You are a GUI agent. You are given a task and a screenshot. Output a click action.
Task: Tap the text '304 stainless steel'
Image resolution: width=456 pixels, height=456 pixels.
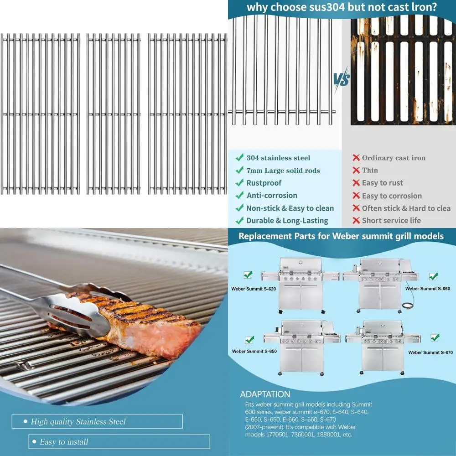pos(278,158)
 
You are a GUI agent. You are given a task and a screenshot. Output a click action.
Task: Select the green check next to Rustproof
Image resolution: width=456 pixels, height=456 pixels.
pos(239,183)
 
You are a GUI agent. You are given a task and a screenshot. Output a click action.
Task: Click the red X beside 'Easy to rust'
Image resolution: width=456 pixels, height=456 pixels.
pos(356,183)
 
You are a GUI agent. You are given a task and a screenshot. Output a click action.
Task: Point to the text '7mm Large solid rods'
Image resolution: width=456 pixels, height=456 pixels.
pos(283,171)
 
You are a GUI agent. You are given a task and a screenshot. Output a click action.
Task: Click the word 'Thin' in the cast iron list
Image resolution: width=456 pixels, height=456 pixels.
pos(370,170)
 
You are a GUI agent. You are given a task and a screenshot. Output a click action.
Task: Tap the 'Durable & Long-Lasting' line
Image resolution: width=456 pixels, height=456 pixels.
pos(287,221)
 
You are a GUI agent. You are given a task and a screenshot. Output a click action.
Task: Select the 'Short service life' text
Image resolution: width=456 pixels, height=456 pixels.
pos(391,221)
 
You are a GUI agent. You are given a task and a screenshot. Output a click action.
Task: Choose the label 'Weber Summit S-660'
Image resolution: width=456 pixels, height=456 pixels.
pos(428,289)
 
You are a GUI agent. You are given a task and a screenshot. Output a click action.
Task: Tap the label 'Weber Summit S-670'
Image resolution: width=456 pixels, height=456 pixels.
pos(430,352)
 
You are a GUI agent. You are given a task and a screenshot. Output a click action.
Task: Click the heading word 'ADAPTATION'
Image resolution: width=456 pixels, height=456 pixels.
pos(265,394)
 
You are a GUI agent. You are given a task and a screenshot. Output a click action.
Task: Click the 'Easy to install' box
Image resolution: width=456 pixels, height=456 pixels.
pos(119,441)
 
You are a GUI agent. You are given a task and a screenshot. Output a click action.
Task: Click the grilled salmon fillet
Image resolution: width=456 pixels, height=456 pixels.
pos(150,326)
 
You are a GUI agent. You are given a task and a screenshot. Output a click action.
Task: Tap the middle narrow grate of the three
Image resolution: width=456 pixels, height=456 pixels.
pos(114,114)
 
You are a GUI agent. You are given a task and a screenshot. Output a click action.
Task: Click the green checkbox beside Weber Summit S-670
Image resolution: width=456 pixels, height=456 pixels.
pos(435,337)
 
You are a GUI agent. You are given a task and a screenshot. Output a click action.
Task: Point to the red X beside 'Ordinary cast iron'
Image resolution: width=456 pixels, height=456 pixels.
pos(356,158)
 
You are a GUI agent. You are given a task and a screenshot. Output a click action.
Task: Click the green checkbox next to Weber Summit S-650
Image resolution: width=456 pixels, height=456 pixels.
pos(249,340)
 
